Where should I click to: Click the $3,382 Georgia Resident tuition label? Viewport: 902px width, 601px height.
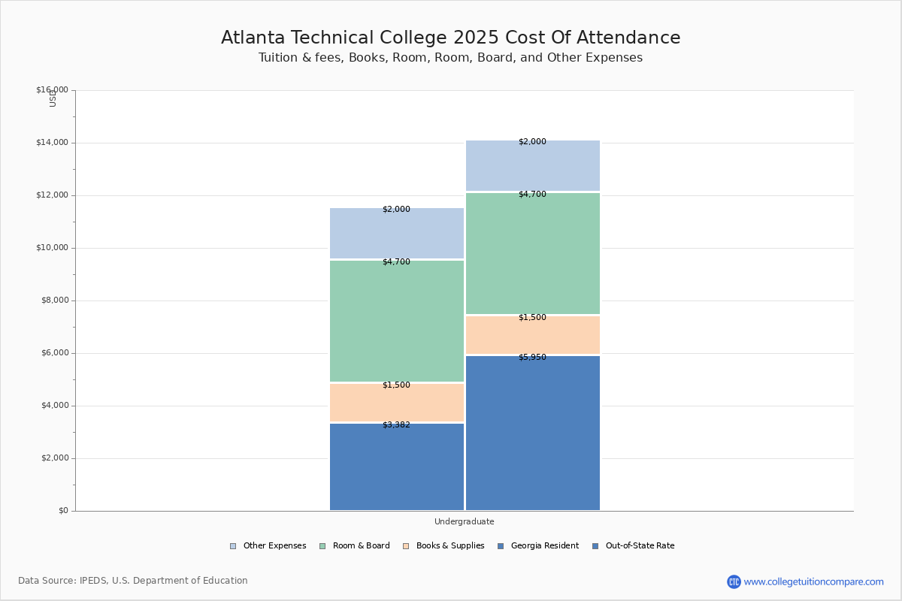[x=396, y=425]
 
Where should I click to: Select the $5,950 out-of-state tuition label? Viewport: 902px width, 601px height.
[x=532, y=358]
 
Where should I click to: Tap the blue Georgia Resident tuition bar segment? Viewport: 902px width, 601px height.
[x=397, y=470]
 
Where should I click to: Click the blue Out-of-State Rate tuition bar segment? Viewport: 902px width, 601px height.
[x=532, y=436]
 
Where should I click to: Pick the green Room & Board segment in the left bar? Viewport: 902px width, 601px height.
[x=397, y=322]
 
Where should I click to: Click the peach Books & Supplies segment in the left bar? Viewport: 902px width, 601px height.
[x=397, y=403]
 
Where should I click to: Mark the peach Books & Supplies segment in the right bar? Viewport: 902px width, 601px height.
[x=532, y=336]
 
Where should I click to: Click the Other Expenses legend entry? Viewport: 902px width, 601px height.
[x=268, y=546]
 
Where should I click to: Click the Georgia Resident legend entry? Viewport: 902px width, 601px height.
[x=538, y=546]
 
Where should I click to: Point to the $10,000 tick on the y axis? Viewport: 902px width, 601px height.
[x=52, y=248]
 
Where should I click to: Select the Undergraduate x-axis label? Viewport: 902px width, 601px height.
[x=464, y=521]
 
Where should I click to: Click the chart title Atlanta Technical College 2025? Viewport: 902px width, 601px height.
[x=450, y=38]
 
